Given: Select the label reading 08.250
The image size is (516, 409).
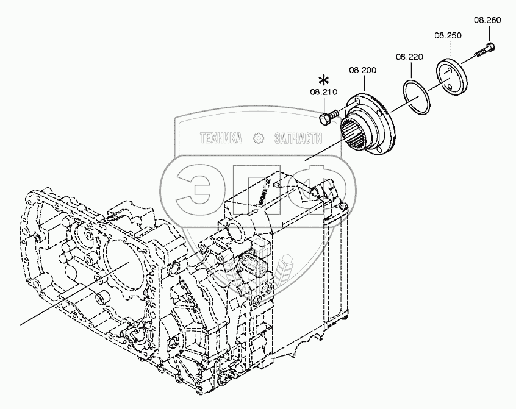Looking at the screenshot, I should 447,36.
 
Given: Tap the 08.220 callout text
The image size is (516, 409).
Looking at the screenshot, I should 409,57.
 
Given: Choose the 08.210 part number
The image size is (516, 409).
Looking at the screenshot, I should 323,93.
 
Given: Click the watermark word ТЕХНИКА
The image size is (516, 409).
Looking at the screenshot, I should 221,138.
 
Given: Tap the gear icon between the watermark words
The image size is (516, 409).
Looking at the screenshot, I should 259,138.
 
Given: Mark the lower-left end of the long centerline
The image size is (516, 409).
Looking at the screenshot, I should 20,322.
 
